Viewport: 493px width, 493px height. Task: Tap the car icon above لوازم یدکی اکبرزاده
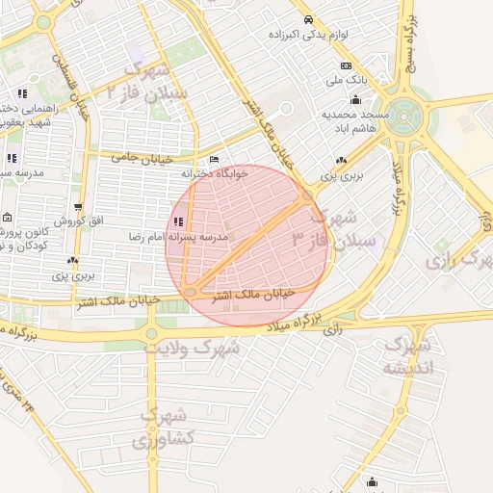[307, 19]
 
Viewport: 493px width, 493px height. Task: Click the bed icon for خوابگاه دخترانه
[214, 160]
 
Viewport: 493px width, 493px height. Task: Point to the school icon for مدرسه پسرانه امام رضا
[176, 222]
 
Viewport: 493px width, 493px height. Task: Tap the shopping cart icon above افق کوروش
[78, 207]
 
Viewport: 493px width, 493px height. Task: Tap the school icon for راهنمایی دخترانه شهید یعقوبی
[20, 94]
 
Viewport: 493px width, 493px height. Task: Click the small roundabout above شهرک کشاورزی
[150, 334]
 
